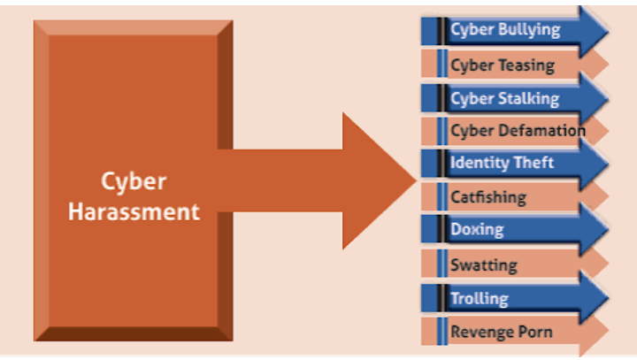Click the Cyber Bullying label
click(505, 30)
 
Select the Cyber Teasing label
click(503, 65)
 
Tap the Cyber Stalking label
click(504, 98)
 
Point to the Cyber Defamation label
click(518, 131)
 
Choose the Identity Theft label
click(502, 163)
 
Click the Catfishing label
click(487, 196)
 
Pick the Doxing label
click(477, 230)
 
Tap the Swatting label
click(483, 264)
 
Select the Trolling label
click(479, 298)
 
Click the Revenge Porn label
click(502, 332)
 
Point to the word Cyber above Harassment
click(134, 182)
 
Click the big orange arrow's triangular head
click(376, 180)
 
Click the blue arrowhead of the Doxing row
click(595, 230)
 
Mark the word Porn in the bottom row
click(536, 332)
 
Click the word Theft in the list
click(533, 163)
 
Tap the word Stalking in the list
click(528, 98)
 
